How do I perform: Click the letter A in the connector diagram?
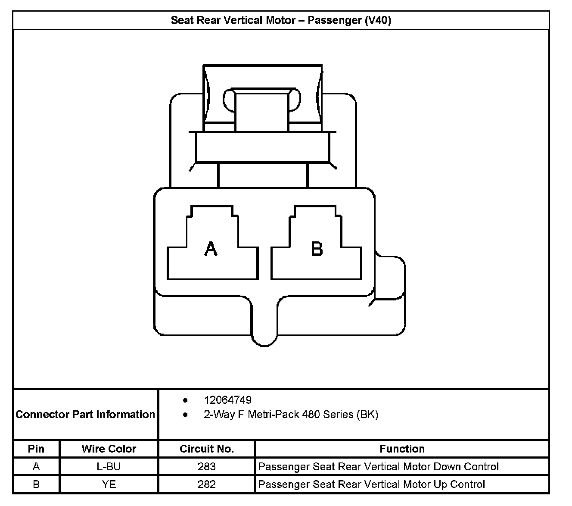point(211,249)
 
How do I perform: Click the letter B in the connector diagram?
point(317,249)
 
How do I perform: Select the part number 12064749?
point(228,400)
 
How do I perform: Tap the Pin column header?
point(36,449)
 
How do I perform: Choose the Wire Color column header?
point(109,449)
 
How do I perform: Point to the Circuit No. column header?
point(207,449)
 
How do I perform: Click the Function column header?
point(402,449)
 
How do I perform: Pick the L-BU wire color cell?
point(109,466)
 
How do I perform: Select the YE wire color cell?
point(109,484)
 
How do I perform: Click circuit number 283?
point(207,466)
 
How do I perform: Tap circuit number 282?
point(207,484)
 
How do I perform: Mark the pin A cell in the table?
point(36,466)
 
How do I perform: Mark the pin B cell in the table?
point(36,484)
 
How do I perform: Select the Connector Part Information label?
point(85,414)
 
